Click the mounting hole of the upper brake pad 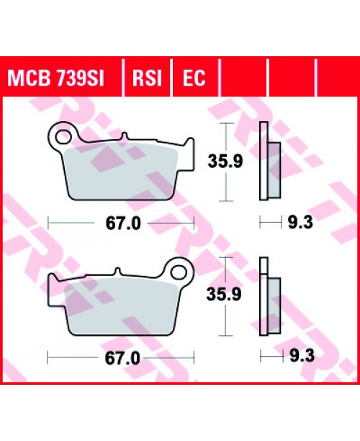point(63,134)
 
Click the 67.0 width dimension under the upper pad point(121,223)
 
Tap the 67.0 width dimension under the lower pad point(121,357)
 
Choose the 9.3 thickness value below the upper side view point(295,223)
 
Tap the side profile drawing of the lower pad point(268,299)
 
